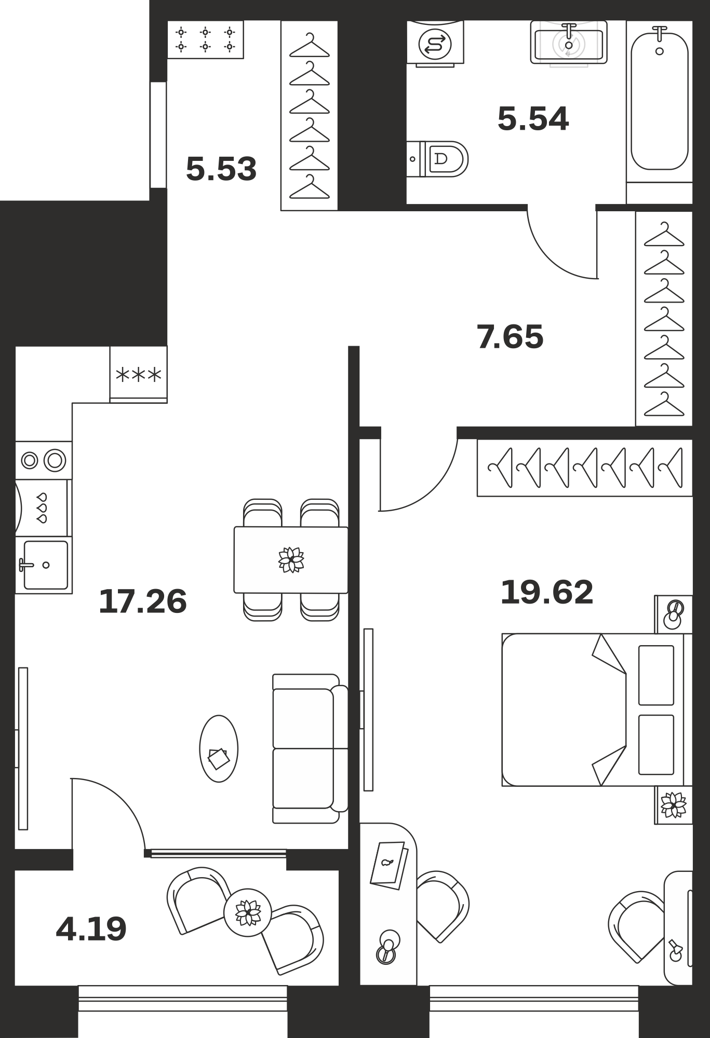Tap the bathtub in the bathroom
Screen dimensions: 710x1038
(660, 101)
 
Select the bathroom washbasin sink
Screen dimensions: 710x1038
(569, 43)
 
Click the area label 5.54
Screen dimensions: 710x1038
(533, 118)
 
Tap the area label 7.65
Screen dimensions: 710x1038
(510, 336)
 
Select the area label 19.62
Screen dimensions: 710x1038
(547, 592)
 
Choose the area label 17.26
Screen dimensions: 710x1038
(143, 602)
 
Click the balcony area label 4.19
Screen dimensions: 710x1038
(91, 929)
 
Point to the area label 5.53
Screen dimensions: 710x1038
(221, 169)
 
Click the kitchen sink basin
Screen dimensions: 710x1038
(46, 565)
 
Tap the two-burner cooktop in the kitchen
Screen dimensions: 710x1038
(44, 460)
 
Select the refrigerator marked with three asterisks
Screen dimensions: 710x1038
(139, 374)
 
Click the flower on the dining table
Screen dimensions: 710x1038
(291, 560)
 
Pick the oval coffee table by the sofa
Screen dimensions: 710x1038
(219, 748)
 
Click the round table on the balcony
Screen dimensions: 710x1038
(248, 912)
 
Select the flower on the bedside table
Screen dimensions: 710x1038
(674, 805)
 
